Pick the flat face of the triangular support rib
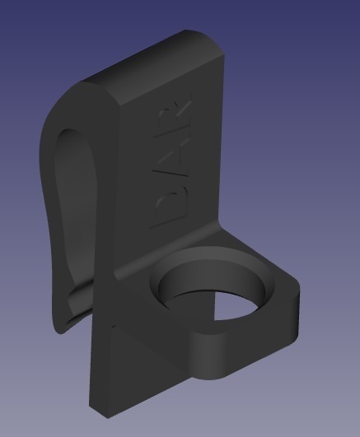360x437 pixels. tap(124, 362)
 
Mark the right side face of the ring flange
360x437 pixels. tap(292, 313)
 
